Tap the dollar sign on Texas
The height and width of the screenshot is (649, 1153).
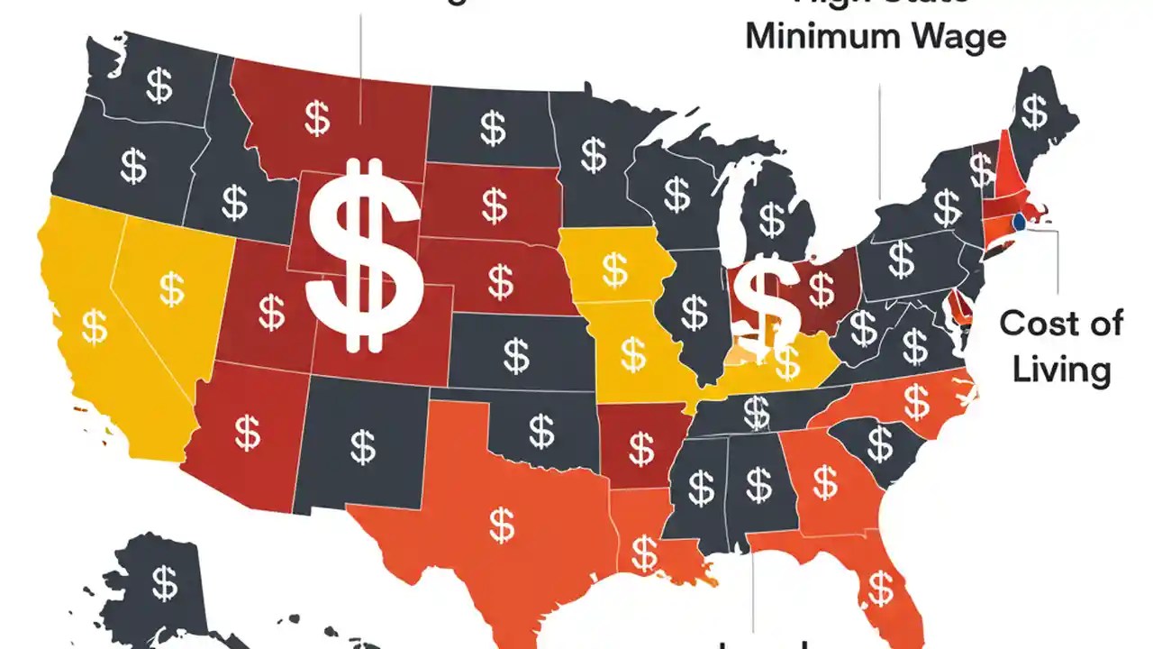click(x=502, y=524)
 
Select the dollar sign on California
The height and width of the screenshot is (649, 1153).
click(x=94, y=326)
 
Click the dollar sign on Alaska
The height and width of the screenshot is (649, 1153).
click(x=164, y=582)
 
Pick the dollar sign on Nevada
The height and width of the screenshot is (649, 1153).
click(x=171, y=288)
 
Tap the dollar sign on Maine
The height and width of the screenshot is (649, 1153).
click(x=1035, y=112)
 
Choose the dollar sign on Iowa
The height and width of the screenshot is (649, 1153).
click(x=615, y=269)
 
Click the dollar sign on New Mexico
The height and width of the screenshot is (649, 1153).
click(x=362, y=445)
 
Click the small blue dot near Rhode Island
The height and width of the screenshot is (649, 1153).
click(x=1020, y=221)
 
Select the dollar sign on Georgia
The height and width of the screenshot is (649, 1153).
click(x=825, y=481)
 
